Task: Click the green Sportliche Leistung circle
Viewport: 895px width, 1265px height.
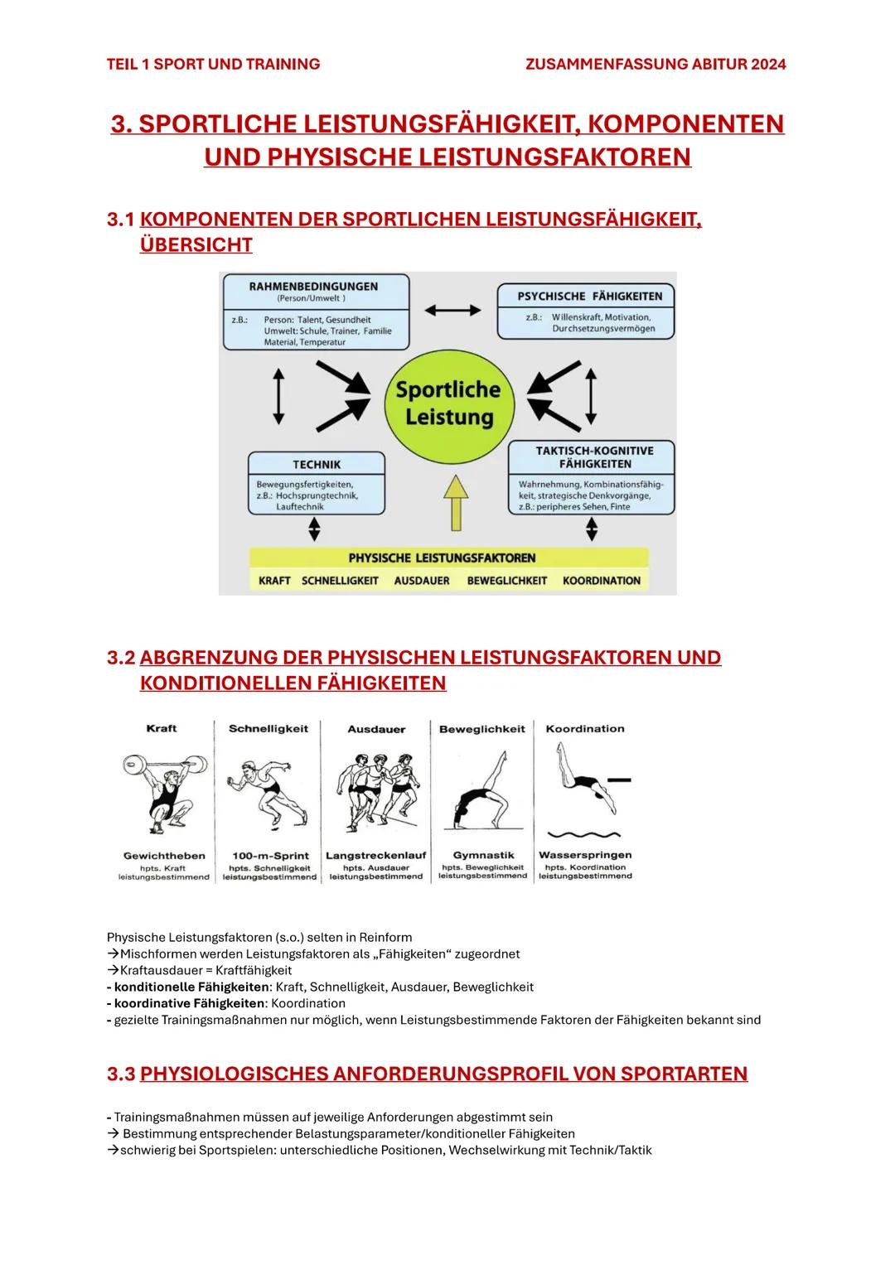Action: coord(448,403)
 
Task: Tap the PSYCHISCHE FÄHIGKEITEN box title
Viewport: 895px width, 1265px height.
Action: coord(589,296)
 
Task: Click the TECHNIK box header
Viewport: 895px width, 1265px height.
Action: coord(317,464)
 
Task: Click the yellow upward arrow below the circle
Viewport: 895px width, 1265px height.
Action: coord(455,506)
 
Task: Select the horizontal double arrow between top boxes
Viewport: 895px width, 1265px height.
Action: coord(452,310)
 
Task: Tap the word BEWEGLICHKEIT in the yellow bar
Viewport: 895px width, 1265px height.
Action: coord(506,581)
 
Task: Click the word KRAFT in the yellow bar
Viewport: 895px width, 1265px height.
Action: coord(274,581)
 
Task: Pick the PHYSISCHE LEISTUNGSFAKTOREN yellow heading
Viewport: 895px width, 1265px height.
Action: coord(442,558)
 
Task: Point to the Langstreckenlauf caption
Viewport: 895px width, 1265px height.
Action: coord(375,855)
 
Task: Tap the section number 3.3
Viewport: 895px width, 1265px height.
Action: coord(121,1074)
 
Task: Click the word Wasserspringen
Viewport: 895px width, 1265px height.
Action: coord(585,855)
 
